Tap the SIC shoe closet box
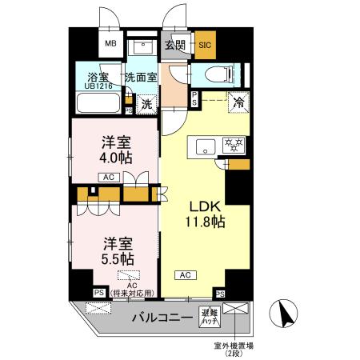point(205,46)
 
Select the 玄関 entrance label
point(175,46)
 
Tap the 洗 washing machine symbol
point(146,103)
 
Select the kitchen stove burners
point(234,146)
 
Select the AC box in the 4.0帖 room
point(110,178)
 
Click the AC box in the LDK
point(185,275)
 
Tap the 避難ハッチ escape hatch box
point(210,314)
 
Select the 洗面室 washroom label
point(140,78)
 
